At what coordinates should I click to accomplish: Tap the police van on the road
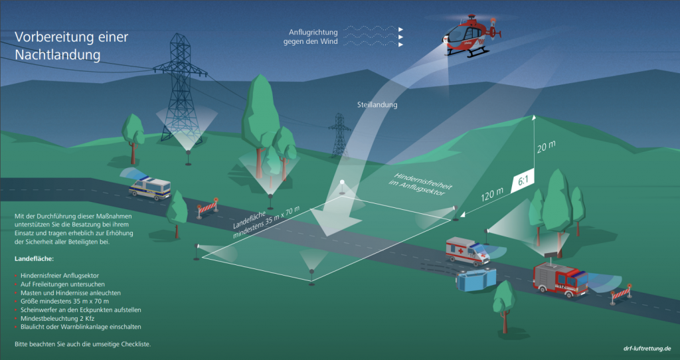[x=150, y=188]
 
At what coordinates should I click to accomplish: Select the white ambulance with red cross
[x=467, y=250]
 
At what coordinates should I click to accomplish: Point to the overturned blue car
[x=476, y=279]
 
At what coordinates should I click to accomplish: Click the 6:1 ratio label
[x=523, y=181]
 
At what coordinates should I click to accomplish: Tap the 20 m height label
[x=547, y=147]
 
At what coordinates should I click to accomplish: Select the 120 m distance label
[x=492, y=195]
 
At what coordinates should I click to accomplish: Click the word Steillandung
[x=377, y=105]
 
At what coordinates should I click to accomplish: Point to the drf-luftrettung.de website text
[x=647, y=348]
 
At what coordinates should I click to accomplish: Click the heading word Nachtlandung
[x=58, y=55]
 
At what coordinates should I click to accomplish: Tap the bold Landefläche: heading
[x=35, y=259]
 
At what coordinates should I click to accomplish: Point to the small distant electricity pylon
[x=339, y=135]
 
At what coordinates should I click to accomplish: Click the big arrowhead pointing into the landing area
[x=335, y=221]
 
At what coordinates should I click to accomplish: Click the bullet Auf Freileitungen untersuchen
[x=62, y=284]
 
